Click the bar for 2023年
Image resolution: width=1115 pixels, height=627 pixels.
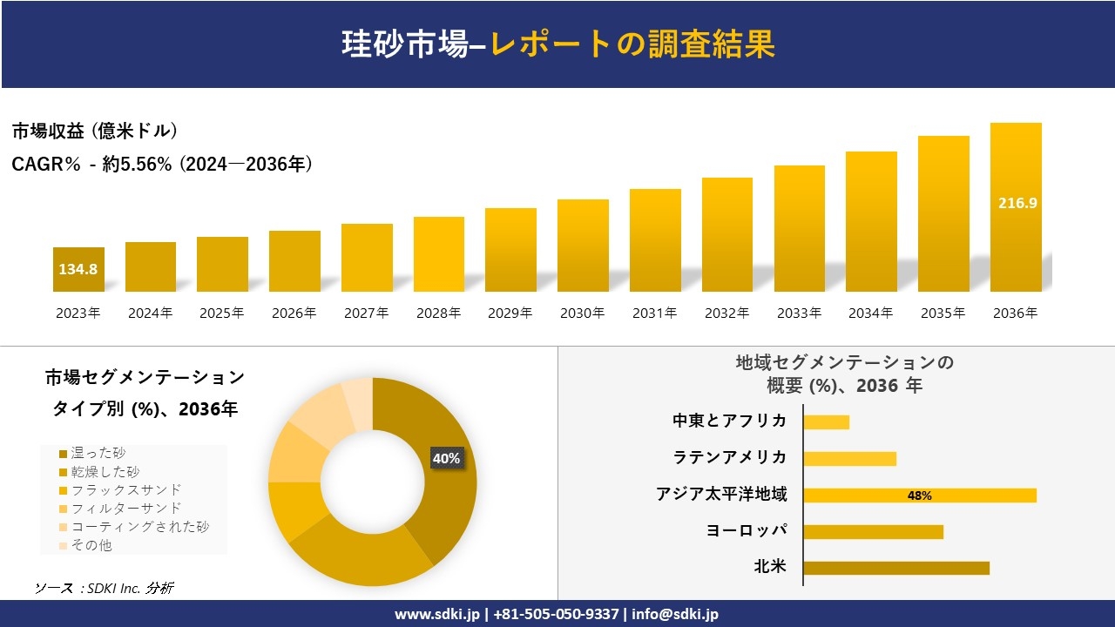(78, 269)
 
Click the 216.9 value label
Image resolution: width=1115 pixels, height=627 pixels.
(1016, 203)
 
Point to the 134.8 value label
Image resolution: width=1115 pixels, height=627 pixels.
(78, 269)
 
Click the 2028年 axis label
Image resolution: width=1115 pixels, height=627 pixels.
(438, 313)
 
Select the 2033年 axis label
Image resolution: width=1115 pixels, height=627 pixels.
(799, 313)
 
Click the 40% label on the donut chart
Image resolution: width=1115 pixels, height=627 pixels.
(446, 458)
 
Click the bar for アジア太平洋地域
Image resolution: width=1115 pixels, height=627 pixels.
(919, 496)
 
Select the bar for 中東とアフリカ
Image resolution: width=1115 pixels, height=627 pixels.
(826, 422)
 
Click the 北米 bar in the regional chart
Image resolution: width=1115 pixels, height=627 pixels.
(895, 568)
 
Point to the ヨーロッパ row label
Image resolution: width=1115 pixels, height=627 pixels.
(747, 530)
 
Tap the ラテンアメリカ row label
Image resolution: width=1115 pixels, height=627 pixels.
(729, 457)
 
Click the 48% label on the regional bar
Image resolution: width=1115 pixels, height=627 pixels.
(919, 496)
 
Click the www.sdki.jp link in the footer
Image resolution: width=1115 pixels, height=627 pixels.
(436, 614)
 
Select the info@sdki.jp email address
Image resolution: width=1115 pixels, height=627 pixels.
(675, 614)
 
